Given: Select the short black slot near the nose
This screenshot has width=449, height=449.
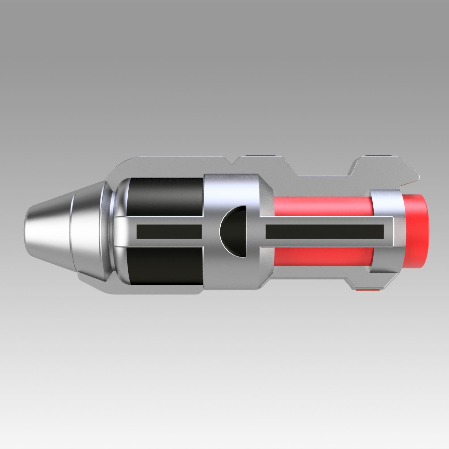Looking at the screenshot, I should (169, 232).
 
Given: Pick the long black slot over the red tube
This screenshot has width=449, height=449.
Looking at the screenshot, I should (325, 232).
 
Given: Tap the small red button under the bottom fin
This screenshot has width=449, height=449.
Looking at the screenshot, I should (368, 291).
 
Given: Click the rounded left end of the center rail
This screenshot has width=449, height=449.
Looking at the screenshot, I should (120, 232).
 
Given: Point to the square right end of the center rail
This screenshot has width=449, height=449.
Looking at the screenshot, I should (393, 232).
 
